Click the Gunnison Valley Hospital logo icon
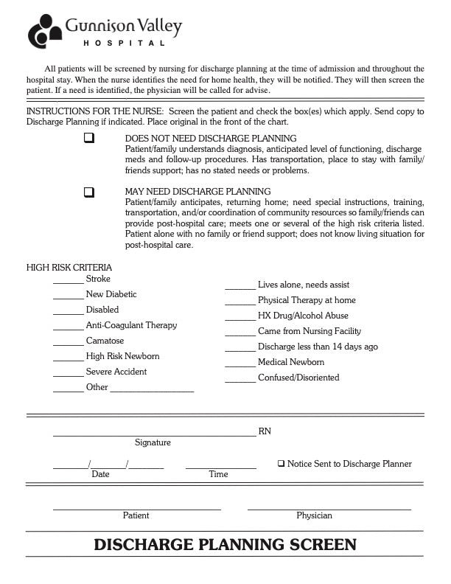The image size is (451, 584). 46,32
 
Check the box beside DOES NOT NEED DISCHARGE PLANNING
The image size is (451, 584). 89,138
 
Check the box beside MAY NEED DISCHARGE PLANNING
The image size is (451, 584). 89,192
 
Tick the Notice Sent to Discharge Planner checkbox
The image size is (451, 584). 281,464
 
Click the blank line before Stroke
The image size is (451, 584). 69,282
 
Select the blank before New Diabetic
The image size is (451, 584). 69,298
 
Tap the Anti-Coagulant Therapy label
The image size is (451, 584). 131,325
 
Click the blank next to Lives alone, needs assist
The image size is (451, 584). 240,288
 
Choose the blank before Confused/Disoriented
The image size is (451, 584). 240,380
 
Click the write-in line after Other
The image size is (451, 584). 152,391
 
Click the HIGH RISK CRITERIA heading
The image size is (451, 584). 69,268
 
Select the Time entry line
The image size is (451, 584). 220,467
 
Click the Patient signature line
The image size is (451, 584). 136,509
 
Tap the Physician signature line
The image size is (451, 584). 329,509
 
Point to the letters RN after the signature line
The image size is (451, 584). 265,431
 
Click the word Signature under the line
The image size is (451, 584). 153,442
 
